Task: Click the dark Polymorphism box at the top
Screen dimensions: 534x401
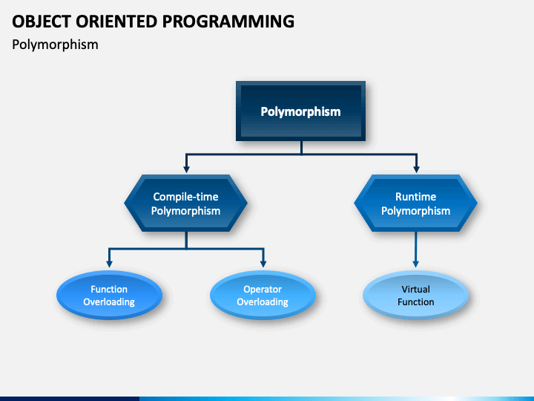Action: click(x=300, y=111)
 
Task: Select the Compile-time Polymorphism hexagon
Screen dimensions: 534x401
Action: click(x=186, y=203)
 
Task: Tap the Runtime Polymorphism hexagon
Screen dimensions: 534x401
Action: click(x=415, y=203)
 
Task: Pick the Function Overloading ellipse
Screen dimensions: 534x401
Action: click(x=109, y=296)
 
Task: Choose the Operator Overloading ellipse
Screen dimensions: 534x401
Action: click(x=263, y=296)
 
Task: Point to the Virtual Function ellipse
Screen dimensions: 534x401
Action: click(x=416, y=296)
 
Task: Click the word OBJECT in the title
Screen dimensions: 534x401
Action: click(x=42, y=22)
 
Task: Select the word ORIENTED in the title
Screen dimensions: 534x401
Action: click(x=116, y=22)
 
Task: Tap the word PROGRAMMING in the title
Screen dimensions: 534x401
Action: click(x=228, y=22)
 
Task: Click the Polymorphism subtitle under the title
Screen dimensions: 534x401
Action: click(x=55, y=45)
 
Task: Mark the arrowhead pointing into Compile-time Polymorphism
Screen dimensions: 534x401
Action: click(x=186, y=169)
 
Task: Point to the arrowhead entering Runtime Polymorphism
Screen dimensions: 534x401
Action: click(x=416, y=169)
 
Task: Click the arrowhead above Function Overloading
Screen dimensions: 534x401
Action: click(x=109, y=264)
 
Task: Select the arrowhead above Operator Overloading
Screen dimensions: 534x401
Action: click(x=263, y=264)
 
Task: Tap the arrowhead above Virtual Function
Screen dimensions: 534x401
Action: click(x=416, y=264)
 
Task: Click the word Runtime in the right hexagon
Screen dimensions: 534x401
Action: click(x=415, y=196)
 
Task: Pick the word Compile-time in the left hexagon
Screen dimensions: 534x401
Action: click(x=185, y=197)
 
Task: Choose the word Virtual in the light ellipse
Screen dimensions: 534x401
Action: click(x=415, y=289)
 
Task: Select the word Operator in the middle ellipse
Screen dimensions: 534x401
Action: click(x=263, y=290)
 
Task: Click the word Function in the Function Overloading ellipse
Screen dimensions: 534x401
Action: click(x=109, y=289)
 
